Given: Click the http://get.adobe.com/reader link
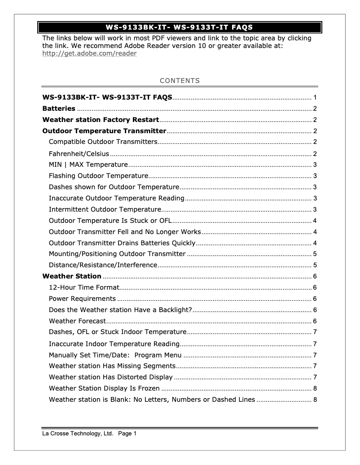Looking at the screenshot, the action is pos(89,53).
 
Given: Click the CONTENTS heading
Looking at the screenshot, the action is pos(180,81).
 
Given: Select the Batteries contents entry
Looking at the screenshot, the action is pos(59,109).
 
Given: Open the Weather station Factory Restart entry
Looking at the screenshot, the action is pos(101,120).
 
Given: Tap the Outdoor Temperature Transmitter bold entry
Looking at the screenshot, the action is pos(104,131).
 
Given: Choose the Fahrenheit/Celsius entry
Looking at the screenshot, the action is pos(79,153).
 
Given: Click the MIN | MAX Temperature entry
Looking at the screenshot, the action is pos(88,165).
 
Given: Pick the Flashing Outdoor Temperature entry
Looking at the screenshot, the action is pos(98,176).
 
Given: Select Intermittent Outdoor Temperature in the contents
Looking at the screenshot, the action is pos(105,209).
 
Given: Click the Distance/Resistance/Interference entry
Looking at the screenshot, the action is pos(103,265).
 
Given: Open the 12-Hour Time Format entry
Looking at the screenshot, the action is pos(84,287).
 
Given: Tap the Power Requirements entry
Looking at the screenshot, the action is pos(82,299).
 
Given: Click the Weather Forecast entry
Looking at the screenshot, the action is pos(77,321).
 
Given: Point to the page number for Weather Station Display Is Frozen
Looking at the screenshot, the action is pos(315,388).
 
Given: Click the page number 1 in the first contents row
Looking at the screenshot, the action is pos(315,97).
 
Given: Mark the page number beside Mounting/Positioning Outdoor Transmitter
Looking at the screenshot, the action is pos(315,254).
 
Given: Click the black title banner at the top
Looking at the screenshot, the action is pos(180,27).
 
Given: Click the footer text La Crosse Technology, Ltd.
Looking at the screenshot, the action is pos(77,434).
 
